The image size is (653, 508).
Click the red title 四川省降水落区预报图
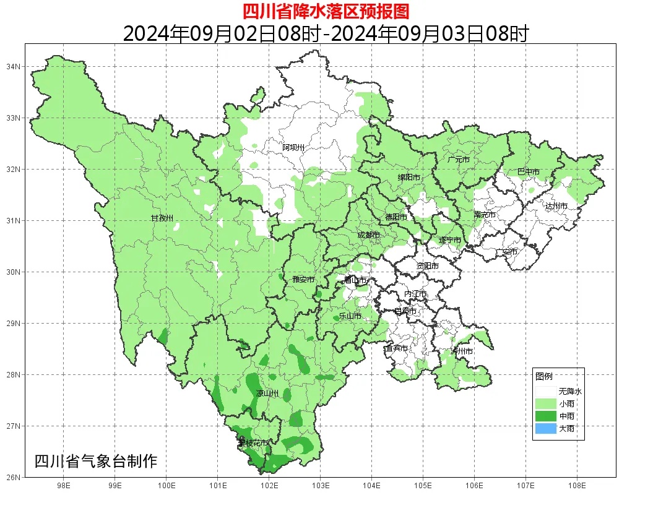(326, 11)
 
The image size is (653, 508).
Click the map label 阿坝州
(294, 147)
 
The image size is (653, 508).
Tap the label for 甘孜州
(162, 218)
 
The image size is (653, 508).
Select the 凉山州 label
(268, 394)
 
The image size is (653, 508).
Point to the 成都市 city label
(369, 235)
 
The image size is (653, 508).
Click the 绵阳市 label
(409, 178)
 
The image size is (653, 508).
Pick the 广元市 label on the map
(459, 160)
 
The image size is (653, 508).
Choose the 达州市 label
(556, 205)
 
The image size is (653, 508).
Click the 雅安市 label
(303, 280)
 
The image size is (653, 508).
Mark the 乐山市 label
(350, 316)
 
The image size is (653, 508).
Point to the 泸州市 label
(462, 351)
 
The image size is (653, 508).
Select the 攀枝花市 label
(254, 443)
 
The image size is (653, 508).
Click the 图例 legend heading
(544, 376)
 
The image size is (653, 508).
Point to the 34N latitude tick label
(14, 66)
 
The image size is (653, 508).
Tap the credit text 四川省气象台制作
(96, 461)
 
